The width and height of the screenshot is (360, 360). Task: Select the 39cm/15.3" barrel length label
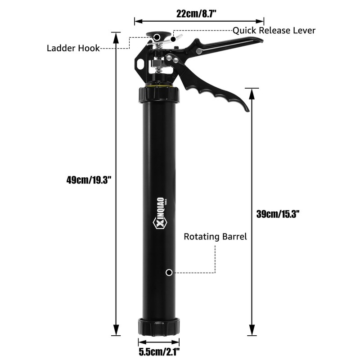coord(278,214)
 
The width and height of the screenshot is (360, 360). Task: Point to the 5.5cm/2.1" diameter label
coord(160,351)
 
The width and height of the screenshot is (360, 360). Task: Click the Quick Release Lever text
coord(274,31)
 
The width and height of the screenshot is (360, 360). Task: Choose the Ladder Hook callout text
coord(73,48)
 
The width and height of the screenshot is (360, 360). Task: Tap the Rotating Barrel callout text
coord(215,237)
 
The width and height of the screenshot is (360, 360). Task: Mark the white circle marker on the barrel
coord(169,272)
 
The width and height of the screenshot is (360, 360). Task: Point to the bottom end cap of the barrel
coord(159,325)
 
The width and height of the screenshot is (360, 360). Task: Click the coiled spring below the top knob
coord(157,69)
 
